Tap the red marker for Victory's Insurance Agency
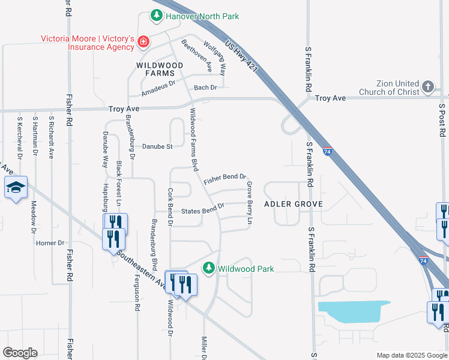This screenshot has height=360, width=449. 143,41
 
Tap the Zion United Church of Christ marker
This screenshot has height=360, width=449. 427,87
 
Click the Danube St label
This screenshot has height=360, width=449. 157,146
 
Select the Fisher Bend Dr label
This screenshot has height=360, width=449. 225,179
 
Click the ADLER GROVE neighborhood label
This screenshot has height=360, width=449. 294,204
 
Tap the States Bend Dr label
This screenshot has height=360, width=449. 202,209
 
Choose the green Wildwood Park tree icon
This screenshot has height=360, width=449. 208,268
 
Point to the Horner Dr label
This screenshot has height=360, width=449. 50,243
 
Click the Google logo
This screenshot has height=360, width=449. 20,353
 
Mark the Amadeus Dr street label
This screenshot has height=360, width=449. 157,89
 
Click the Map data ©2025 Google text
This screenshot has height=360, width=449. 411,355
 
